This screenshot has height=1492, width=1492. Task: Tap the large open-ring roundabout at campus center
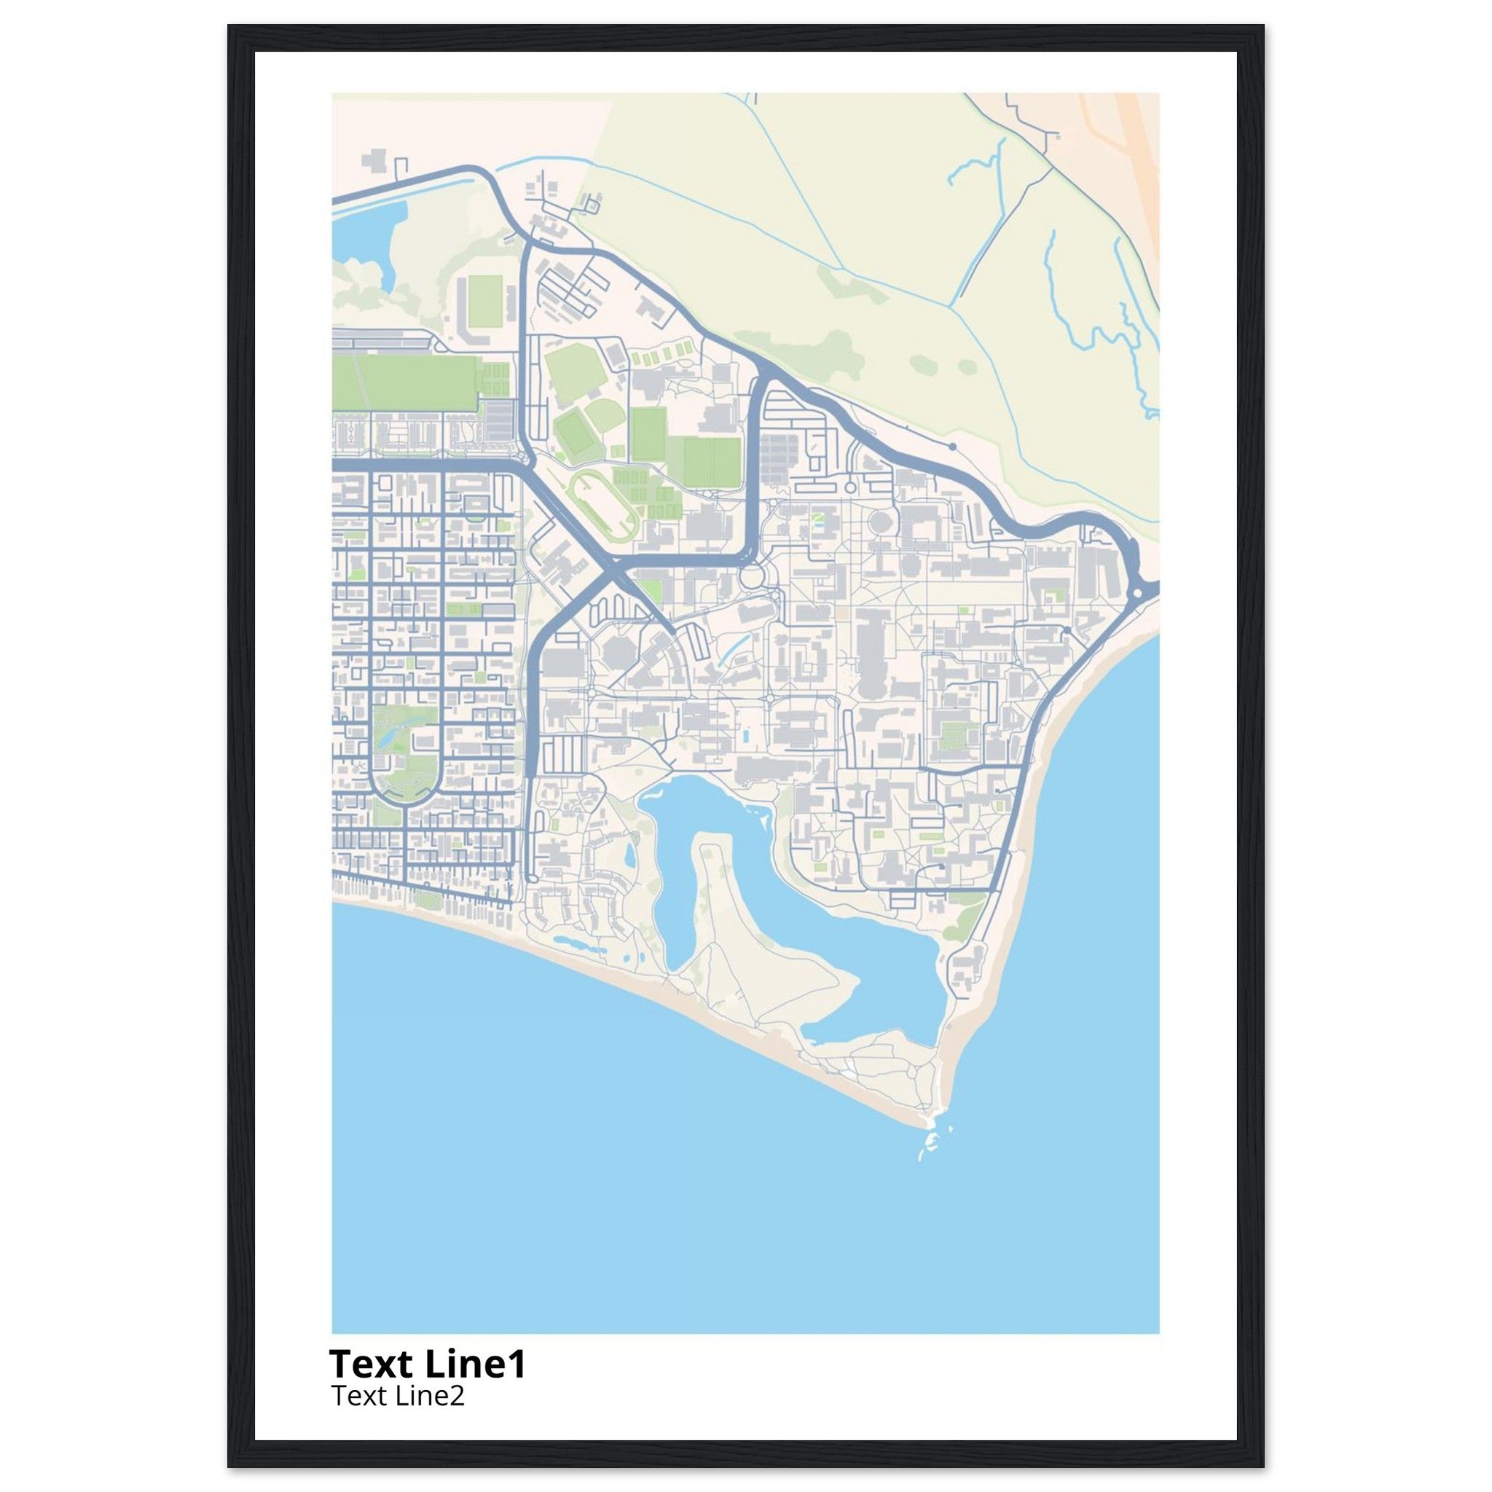[x=750, y=576]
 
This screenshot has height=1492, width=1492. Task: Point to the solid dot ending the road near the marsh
[x=952, y=447]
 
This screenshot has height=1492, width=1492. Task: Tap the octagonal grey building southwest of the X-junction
[x=618, y=653]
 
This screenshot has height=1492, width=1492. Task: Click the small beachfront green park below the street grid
[x=425, y=899]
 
